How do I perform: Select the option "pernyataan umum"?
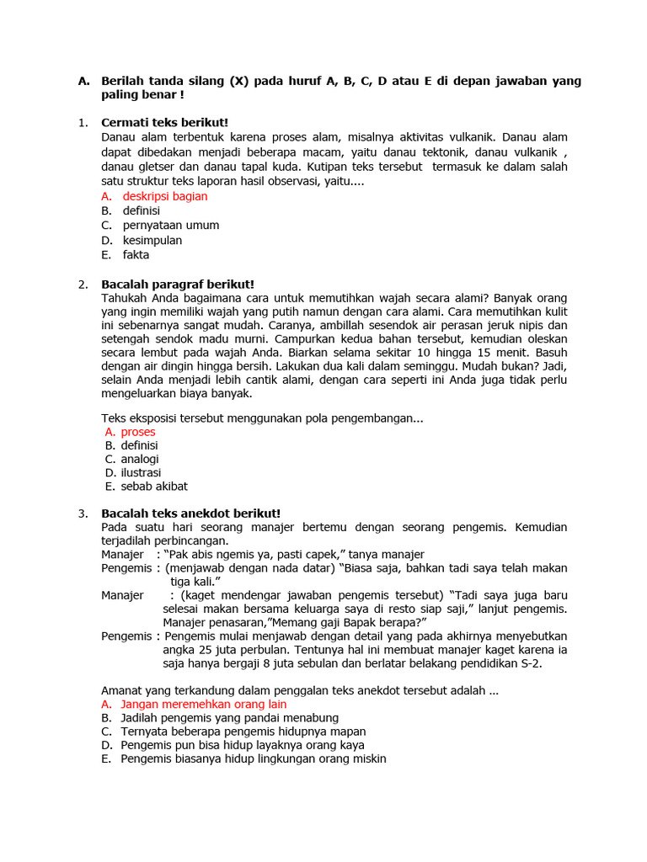click(x=170, y=226)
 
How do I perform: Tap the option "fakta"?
click(x=136, y=254)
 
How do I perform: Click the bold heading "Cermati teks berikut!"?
click(x=164, y=123)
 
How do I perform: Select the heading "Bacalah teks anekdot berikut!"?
click(x=190, y=513)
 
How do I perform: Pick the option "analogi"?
click(x=140, y=459)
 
